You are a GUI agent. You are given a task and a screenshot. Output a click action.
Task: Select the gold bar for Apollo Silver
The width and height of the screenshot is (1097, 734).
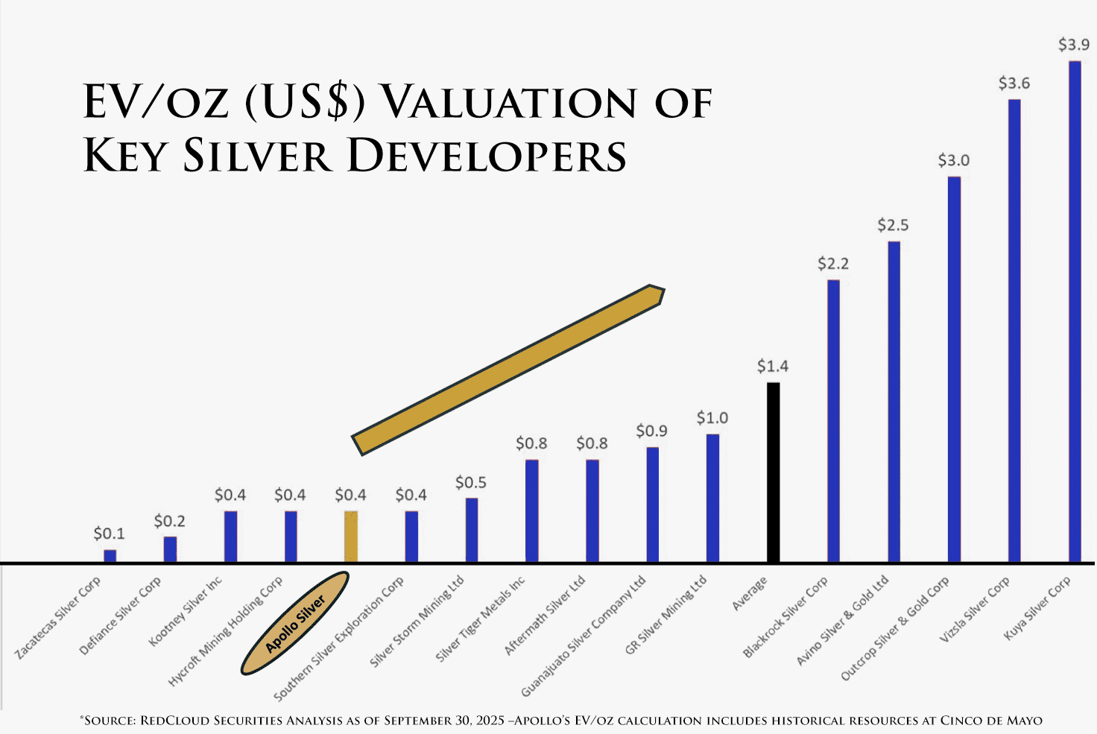pyautogui.click(x=350, y=537)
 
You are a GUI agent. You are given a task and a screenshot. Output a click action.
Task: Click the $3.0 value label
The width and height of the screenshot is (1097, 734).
pyautogui.click(x=953, y=160)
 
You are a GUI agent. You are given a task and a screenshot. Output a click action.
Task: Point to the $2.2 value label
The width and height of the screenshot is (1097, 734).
pyautogui.click(x=832, y=264)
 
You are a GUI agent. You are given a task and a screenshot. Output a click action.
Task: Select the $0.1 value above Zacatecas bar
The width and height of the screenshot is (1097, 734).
pyautogui.click(x=109, y=534)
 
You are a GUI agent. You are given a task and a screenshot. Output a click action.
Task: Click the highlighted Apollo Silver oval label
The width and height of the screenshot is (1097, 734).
pyautogui.click(x=295, y=623)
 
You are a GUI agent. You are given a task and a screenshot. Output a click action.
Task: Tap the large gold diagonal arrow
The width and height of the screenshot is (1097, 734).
pyautogui.click(x=508, y=370)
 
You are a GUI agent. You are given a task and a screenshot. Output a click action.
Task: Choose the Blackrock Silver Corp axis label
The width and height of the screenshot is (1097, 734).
pyautogui.click(x=785, y=618)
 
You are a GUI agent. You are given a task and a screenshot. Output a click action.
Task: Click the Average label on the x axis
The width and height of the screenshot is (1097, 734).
pyautogui.click(x=750, y=594)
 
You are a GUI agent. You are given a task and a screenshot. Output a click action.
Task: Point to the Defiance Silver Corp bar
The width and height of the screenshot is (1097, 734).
pyautogui.click(x=170, y=549)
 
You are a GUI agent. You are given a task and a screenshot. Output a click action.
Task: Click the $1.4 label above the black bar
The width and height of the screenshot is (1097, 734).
pyautogui.click(x=772, y=366)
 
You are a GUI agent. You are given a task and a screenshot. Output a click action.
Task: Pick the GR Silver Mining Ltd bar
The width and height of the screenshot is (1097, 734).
pyautogui.click(x=712, y=498)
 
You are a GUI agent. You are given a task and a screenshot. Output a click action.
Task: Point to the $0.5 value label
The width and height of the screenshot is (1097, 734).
pyautogui.click(x=470, y=483)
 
